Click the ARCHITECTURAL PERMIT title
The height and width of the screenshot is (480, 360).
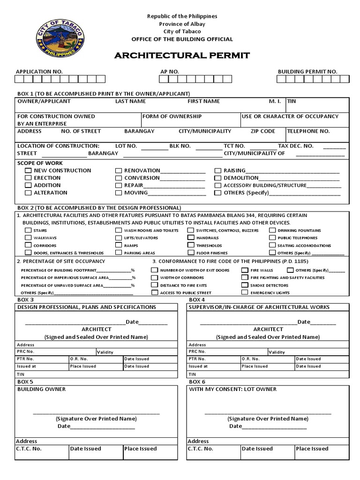coord(182,56)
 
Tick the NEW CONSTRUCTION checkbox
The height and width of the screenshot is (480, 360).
coord(29,171)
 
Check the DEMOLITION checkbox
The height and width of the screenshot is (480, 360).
coord(217,178)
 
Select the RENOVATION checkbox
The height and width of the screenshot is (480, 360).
coord(119,171)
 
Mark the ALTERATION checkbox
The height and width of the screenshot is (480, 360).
coord(29,193)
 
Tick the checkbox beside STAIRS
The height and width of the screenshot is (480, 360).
coord(27,231)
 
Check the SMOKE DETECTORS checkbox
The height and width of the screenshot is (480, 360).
coord(245,285)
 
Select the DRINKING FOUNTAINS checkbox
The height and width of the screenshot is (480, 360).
coord(272,231)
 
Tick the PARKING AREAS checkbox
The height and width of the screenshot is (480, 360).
coord(119,253)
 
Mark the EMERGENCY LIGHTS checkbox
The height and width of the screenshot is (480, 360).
coord(245,292)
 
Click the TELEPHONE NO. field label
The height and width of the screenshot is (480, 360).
coord(308,131)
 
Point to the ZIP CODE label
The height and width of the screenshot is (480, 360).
coord(263,131)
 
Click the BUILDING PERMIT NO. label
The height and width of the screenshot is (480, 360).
coord(307,71)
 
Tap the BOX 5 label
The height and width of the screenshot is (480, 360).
coord(25,382)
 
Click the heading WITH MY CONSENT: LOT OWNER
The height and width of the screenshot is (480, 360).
coord(232,389)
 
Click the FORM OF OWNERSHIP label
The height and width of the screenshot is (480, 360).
coord(172,116)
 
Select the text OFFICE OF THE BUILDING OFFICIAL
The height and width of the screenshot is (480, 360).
coord(182,39)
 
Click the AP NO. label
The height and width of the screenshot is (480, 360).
coord(170,71)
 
